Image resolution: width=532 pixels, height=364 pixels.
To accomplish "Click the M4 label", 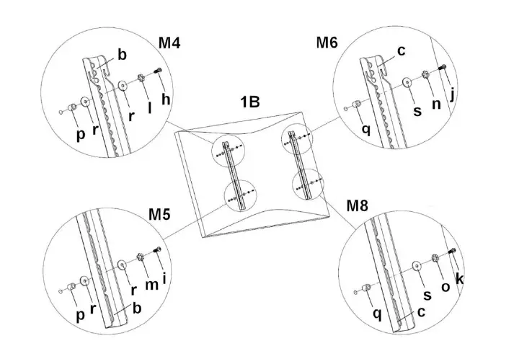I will pyautogui.click(x=169, y=42).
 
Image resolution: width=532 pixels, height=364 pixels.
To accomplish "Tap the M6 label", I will pyautogui.click(x=327, y=42).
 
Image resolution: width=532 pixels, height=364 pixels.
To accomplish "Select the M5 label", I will pyautogui.click(x=160, y=215).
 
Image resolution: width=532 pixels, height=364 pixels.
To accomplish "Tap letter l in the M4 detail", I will pyautogui.click(x=149, y=108).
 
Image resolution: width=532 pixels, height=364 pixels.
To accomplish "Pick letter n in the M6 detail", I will pyautogui.click(x=435, y=104).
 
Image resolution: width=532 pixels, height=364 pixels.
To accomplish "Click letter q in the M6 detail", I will pyautogui.click(x=366, y=130).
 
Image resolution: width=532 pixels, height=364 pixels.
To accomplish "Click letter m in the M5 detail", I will pyautogui.click(x=151, y=285).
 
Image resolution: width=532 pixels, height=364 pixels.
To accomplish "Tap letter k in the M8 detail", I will pyautogui.click(x=460, y=278).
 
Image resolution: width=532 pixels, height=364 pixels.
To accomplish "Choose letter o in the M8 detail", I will pyautogui.click(x=445, y=287).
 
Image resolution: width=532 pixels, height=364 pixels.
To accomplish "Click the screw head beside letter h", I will pyautogui.click(x=158, y=71).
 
